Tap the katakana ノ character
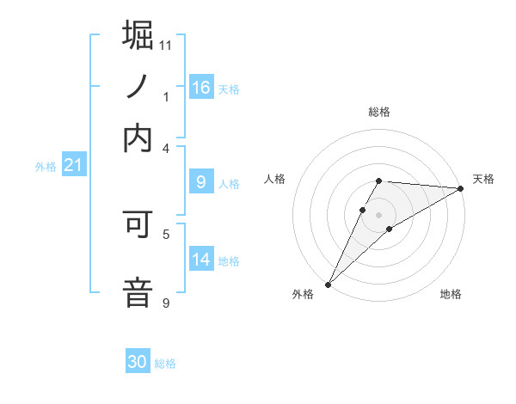138,86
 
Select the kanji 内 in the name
138,138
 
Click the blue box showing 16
201,88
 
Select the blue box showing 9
201,182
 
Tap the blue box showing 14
201,260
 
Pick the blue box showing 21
73,165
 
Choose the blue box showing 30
138,363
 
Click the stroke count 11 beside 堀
166,45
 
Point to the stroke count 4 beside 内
166,148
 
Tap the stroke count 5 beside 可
166,234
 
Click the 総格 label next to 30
165,364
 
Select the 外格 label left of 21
45,167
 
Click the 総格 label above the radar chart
378,112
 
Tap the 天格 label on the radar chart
483,179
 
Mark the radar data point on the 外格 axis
328,284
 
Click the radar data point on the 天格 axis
461,187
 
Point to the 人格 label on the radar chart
275,179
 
